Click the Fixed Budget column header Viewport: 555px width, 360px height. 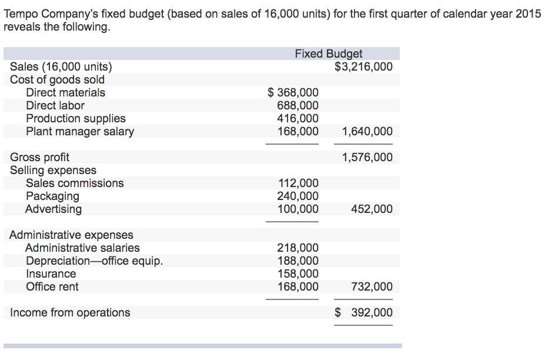tap(329, 54)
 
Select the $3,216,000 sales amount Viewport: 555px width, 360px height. tap(363, 67)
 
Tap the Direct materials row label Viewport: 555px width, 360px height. tap(65, 93)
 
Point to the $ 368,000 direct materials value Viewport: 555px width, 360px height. tap(293, 93)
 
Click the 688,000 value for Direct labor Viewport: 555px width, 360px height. tap(297, 106)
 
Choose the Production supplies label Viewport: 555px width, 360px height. tap(75, 119)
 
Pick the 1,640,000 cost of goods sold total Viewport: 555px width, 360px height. tap(367, 132)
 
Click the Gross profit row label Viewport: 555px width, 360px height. tap(39, 158)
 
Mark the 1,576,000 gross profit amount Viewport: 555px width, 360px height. tap(367, 158)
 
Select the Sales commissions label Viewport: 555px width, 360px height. tap(75, 184)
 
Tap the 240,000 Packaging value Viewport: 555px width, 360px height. tap(297, 196)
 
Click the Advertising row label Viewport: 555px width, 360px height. tap(54, 209)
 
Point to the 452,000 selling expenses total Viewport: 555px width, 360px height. tap(372, 209)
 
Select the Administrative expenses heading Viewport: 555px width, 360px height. tap(71, 235)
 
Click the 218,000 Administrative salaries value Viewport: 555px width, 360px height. tap(297, 248)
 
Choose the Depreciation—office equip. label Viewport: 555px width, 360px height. tap(94, 261)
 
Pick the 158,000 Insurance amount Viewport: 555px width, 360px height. tap(297, 274)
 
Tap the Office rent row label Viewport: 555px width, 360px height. tap(52, 287)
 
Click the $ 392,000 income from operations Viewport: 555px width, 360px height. tap(363, 313)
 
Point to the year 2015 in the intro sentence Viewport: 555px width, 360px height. tap(528, 14)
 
